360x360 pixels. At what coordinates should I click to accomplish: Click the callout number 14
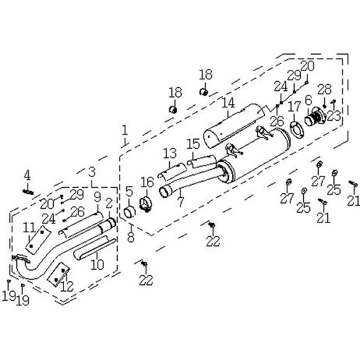click(x=228, y=102)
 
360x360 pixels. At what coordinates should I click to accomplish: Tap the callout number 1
click(x=125, y=130)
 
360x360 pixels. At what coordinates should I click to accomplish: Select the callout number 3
click(x=92, y=172)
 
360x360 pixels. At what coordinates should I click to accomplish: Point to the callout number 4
click(x=27, y=175)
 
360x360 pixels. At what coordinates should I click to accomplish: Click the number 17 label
click(x=294, y=106)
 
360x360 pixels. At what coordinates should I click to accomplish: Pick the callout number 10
click(x=97, y=264)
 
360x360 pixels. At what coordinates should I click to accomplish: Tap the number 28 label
click(x=325, y=89)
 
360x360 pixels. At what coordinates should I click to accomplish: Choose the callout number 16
click(x=147, y=182)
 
